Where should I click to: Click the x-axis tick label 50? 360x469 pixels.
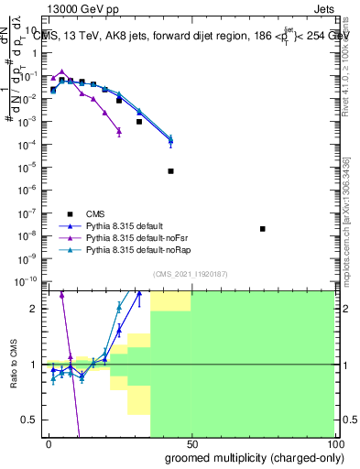pyautogui.click(x=191, y=443)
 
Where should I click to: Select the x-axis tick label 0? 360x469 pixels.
pyautogui.click(x=49, y=443)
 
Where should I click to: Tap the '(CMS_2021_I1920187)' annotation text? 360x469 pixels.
pyautogui.click(x=189, y=274)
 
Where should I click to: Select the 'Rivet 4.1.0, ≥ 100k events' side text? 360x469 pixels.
pyautogui.click(x=349, y=64)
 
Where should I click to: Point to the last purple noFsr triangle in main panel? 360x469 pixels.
pyautogui.click(x=119, y=131)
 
